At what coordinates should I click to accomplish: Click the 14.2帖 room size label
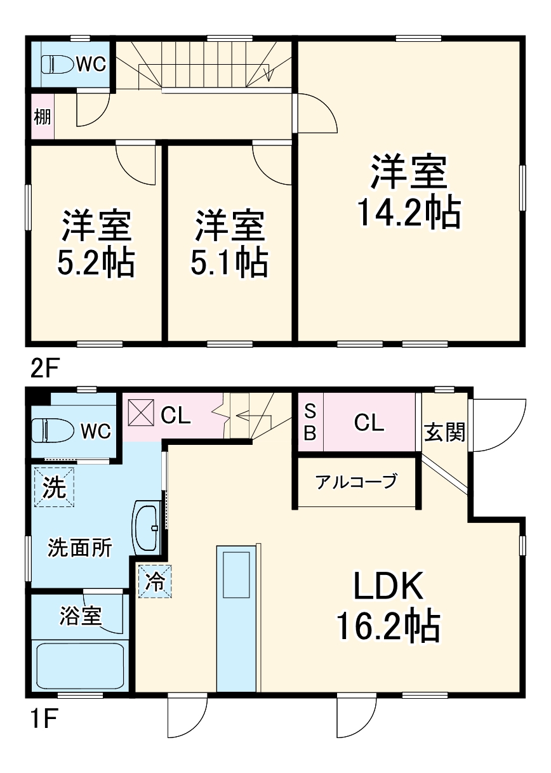[x=408, y=214]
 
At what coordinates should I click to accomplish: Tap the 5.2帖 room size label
[x=96, y=262]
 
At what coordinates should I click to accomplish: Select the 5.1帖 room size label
[x=229, y=262]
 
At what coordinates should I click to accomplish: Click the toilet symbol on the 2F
[x=58, y=63]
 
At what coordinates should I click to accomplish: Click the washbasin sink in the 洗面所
[x=149, y=527]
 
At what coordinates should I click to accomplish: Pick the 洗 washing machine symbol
[x=54, y=487]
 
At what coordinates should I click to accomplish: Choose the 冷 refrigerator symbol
[x=155, y=581]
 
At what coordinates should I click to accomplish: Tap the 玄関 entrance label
[x=444, y=433]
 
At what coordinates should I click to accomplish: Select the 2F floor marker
[x=44, y=367]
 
